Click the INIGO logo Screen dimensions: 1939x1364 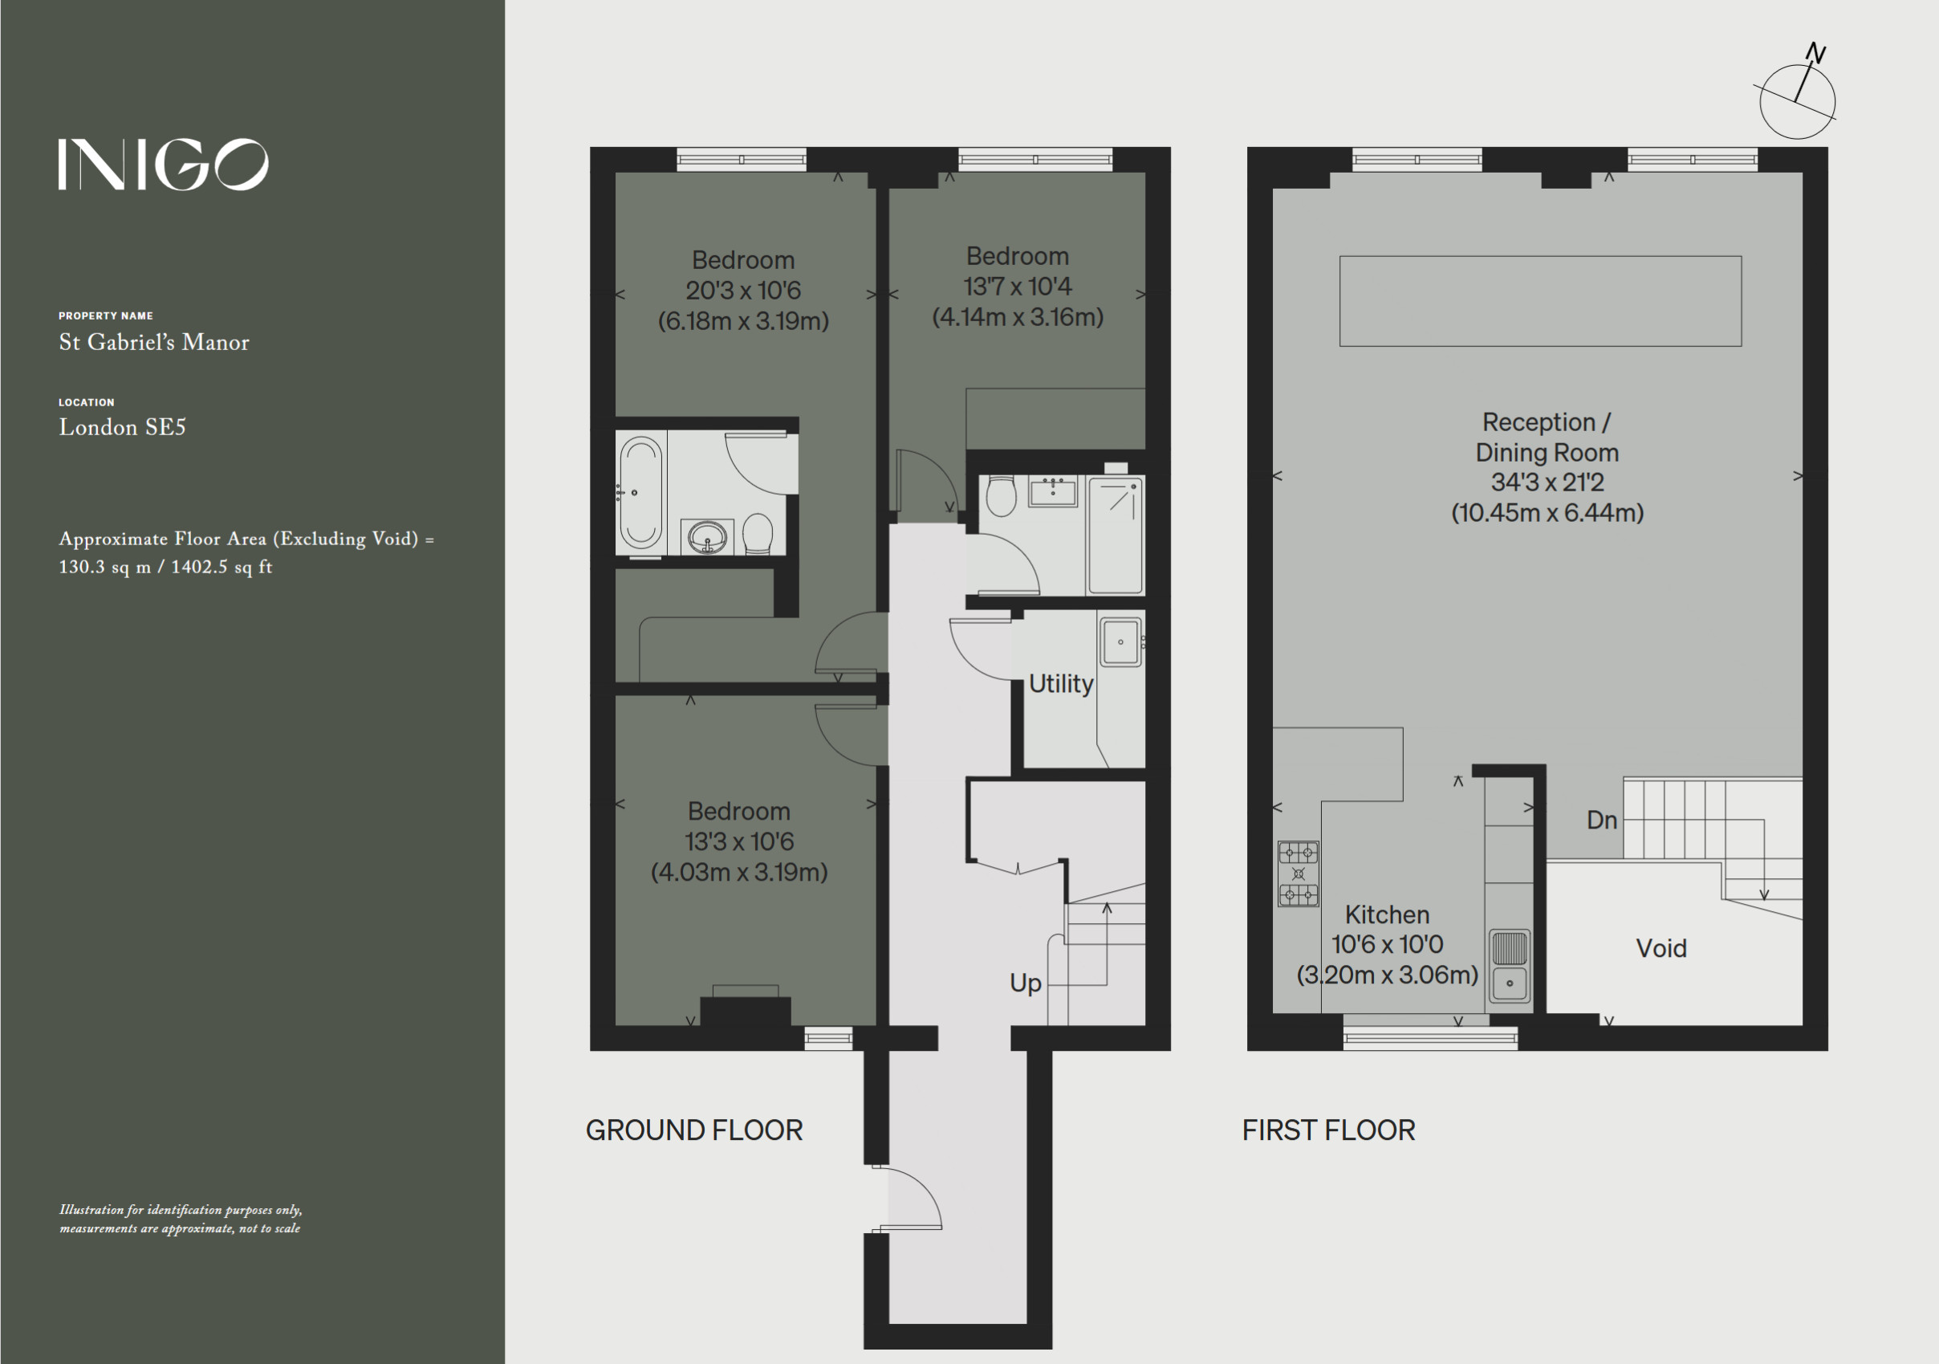tap(163, 165)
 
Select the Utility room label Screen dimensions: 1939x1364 tap(1061, 683)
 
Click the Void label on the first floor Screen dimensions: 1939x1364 tap(1661, 948)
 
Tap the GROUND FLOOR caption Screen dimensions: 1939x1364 tap(694, 1130)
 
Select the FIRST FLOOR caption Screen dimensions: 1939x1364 tap(1328, 1130)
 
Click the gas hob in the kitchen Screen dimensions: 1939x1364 tap(1298, 873)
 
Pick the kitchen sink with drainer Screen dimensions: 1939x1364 tap(1509, 965)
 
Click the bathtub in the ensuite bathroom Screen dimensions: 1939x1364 tap(641, 493)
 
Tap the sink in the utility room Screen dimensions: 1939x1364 tap(1120, 642)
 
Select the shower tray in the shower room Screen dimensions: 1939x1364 tap(1116, 535)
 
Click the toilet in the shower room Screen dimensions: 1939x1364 tap(1001, 496)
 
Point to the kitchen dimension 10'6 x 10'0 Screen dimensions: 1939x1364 tap(1388, 944)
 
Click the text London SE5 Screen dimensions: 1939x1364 tap(123, 427)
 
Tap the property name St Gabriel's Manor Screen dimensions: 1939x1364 tap(154, 342)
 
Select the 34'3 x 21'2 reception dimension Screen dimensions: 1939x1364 tap(1547, 482)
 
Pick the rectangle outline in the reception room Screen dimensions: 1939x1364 tap(1540, 257)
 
